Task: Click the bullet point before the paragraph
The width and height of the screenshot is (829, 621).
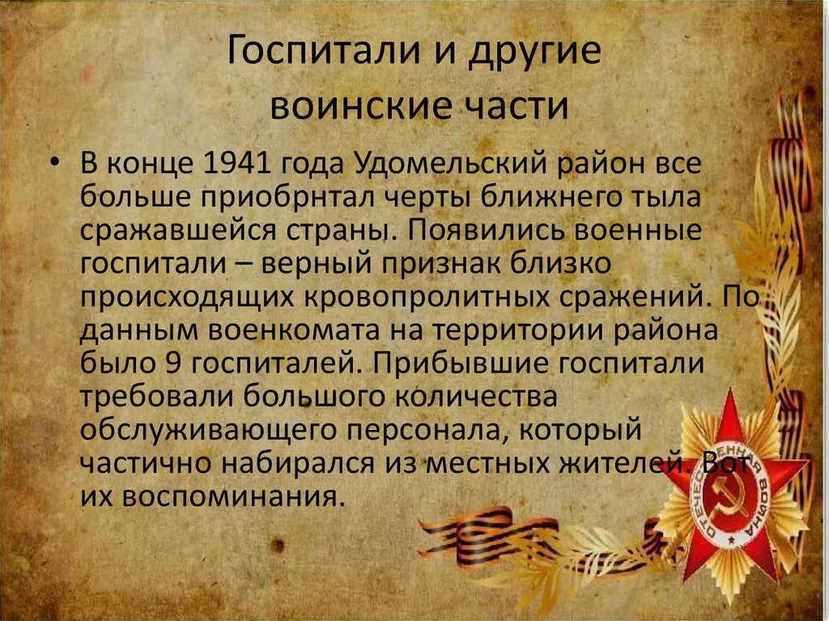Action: (53, 163)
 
